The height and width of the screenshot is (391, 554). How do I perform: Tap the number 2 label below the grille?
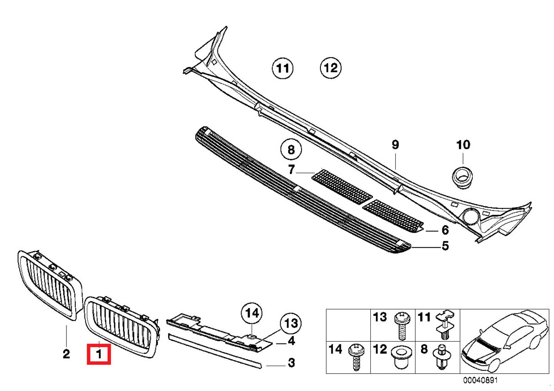click(x=66, y=354)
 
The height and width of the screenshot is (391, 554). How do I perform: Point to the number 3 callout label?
click(x=291, y=363)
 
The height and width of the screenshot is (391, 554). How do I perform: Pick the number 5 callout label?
click(x=445, y=246)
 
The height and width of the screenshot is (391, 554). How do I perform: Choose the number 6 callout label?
click(x=445, y=230)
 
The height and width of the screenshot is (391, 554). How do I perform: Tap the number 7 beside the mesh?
click(x=291, y=170)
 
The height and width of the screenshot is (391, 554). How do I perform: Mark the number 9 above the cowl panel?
click(x=395, y=145)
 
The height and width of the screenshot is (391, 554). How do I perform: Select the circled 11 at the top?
click(x=282, y=69)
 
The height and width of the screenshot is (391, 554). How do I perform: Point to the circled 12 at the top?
click(x=331, y=69)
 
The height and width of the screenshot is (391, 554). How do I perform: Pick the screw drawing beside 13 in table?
click(x=401, y=325)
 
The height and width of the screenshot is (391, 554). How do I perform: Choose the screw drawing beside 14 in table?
click(x=357, y=357)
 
